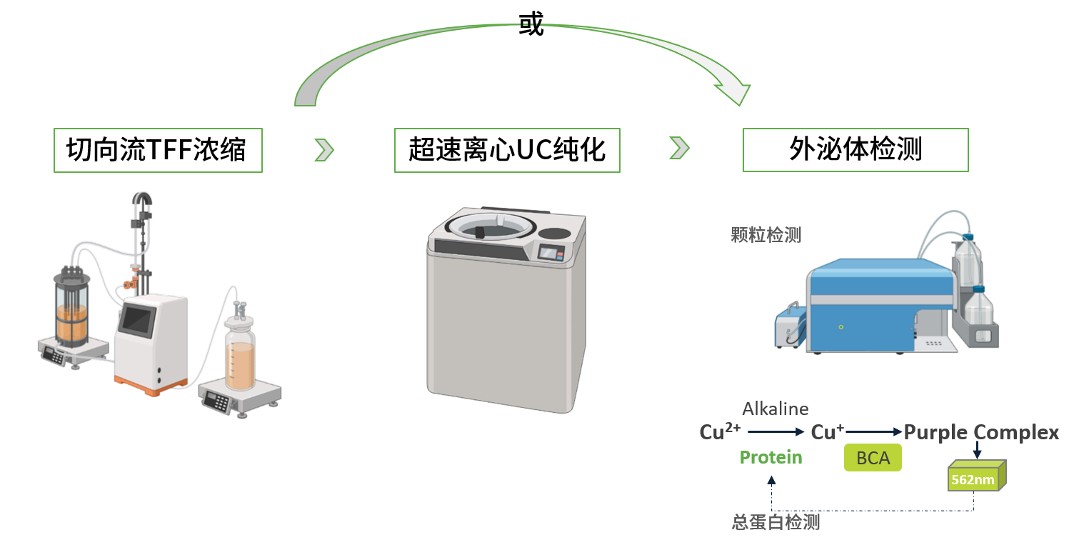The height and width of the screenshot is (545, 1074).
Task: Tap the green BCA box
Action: tap(873, 458)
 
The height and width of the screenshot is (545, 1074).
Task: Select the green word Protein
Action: tap(771, 457)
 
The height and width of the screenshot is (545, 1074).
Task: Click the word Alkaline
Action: tap(775, 409)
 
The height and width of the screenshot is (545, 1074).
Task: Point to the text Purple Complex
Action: tap(981, 432)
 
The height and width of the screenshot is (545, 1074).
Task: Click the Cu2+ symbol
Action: tap(720, 431)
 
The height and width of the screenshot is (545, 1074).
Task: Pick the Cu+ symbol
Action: tap(827, 431)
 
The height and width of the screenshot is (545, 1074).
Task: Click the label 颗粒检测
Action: tap(766, 235)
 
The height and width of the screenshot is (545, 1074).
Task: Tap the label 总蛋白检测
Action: tap(776, 522)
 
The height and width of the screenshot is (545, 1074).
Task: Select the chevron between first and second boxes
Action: tap(324, 149)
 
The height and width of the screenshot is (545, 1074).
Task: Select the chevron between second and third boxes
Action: tap(680, 148)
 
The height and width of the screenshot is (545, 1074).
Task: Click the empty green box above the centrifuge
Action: tap(507, 150)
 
